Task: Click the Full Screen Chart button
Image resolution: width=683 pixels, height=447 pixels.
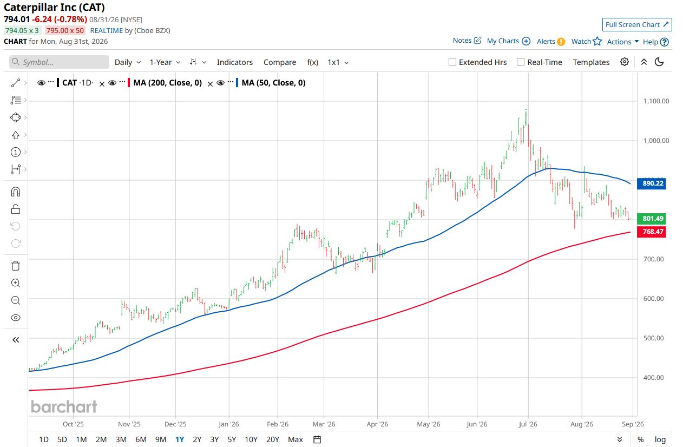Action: point(636,25)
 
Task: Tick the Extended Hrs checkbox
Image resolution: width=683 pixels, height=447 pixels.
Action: point(452,62)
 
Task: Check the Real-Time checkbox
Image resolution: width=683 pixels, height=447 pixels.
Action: point(521,62)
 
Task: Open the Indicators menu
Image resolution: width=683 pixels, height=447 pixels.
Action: point(235,62)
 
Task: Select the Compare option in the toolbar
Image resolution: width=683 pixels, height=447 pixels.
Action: point(280,62)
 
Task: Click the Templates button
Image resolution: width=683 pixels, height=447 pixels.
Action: point(591,62)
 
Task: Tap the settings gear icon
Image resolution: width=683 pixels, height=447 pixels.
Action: point(625,62)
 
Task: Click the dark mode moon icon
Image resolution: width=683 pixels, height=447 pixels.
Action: point(659,62)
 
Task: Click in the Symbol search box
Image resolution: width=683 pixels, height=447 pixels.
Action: point(59,62)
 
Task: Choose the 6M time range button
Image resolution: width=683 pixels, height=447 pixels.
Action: point(141,439)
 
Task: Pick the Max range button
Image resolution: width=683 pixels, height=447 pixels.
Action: point(295,439)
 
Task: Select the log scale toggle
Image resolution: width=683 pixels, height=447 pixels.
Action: point(660,439)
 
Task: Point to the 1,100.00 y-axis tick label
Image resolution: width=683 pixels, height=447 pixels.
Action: point(656,101)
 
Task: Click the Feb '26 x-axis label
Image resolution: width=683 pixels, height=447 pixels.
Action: point(278,424)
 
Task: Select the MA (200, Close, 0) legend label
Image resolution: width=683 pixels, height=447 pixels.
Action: point(168,83)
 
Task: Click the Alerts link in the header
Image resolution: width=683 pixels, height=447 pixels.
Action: point(546,42)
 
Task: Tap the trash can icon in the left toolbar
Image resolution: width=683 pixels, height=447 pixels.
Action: point(16,266)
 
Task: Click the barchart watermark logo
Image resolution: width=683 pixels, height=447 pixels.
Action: point(64,407)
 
